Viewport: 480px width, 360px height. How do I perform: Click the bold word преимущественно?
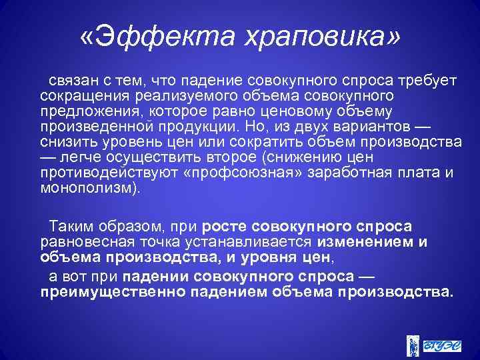(x=108, y=292)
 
